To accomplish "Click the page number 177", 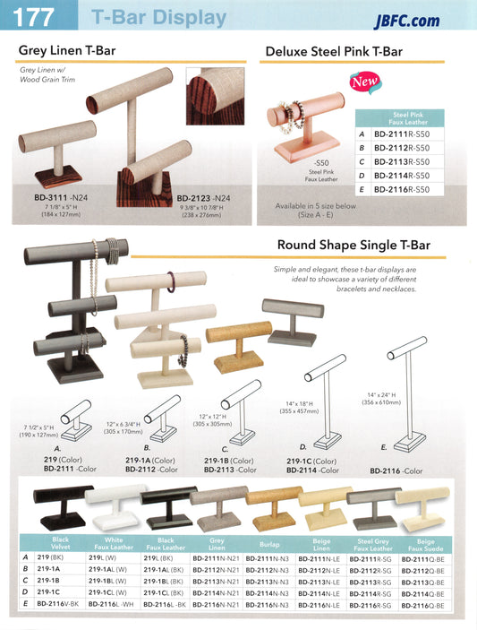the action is [x=33, y=17].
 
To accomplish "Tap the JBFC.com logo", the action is [x=407, y=21].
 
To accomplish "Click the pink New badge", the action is [x=364, y=82].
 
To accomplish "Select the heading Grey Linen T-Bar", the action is [x=67, y=50].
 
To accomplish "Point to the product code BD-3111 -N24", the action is [x=61, y=198].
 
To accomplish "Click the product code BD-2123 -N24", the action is [x=203, y=198].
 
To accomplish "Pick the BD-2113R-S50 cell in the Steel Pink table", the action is [x=402, y=161].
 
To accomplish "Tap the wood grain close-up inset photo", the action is [x=215, y=96].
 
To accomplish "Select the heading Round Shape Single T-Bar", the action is [x=353, y=245].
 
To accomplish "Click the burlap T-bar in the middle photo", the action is [x=238, y=346].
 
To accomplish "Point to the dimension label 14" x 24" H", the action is [x=381, y=395].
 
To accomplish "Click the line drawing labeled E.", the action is [x=407, y=393].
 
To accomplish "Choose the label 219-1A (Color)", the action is [x=150, y=461].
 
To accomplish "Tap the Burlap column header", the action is [x=269, y=545].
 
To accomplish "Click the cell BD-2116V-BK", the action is [x=59, y=604].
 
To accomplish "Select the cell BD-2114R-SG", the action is [x=371, y=593].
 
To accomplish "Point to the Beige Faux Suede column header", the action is [x=426, y=545].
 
